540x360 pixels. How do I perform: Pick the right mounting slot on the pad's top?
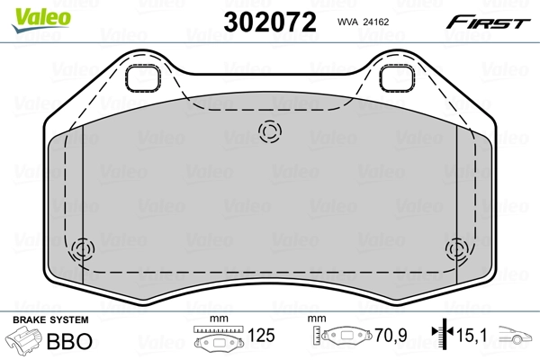[395, 78]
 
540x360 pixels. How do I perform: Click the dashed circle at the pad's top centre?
[267, 132]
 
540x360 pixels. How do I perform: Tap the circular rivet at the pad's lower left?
[83, 249]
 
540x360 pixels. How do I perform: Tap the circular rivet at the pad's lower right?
[456, 249]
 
